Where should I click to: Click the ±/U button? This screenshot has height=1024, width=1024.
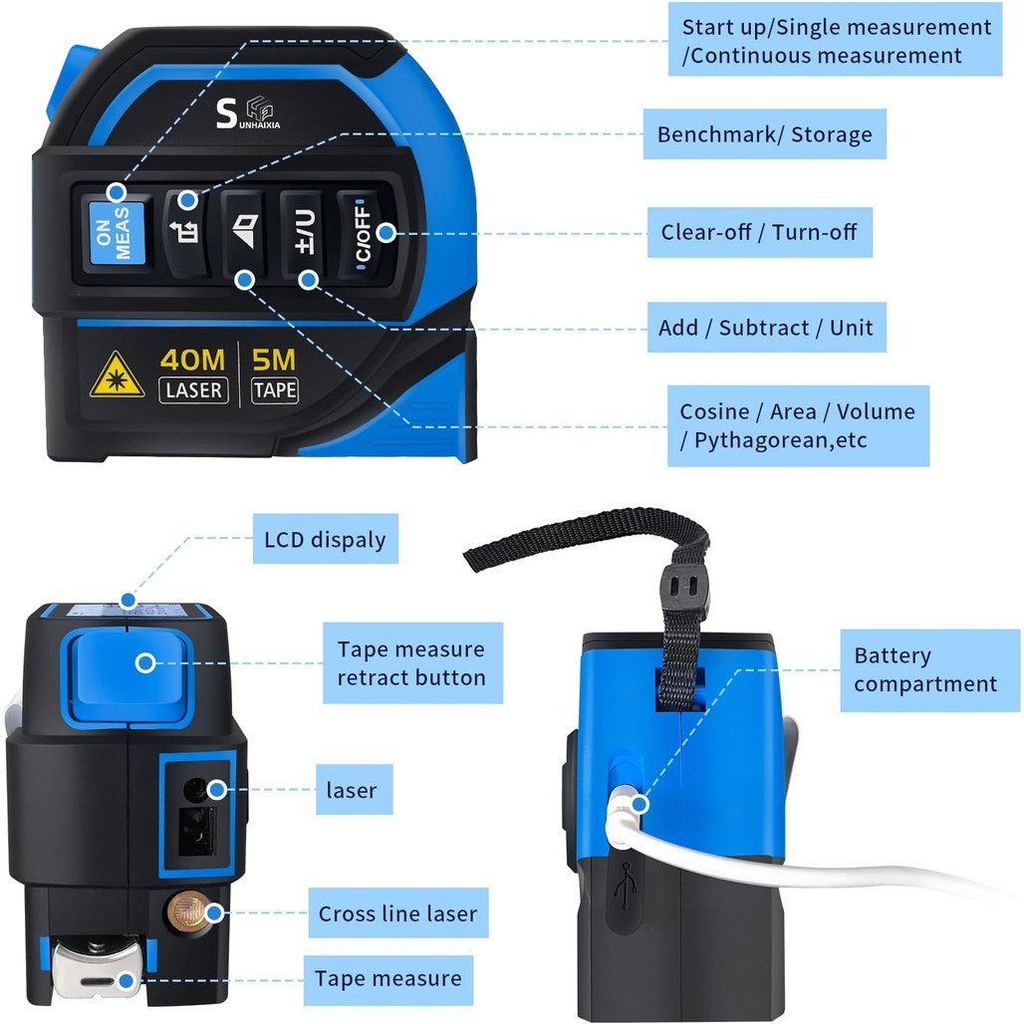[x=303, y=233]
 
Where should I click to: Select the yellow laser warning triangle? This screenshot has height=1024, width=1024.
[x=117, y=375]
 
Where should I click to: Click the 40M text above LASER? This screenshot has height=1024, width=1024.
[x=192, y=360]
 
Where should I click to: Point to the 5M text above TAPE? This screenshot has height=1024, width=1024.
[x=274, y=360]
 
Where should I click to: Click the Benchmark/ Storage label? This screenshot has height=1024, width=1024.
[x=765, y=133]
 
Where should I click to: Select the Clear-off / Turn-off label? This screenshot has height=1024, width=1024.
[x=759, y=232]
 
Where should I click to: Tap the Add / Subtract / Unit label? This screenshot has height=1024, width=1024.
[x=767, y=327]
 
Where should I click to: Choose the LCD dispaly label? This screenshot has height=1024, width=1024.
[x=325, y=539]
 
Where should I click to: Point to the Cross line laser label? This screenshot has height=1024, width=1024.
[x=398, y=913]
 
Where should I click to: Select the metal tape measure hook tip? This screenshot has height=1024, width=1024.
[x=98, y=975]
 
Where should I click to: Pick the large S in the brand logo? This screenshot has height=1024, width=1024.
[x=226, y=113]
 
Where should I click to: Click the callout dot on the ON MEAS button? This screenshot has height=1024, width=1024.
[x=117, y=192]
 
